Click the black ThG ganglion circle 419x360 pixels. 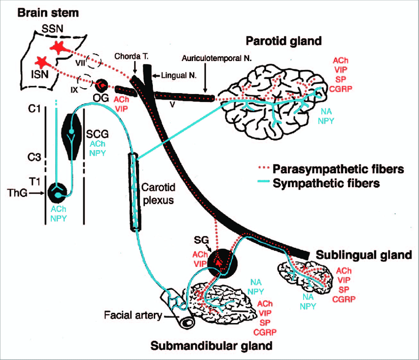58,192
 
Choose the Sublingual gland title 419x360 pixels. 364,255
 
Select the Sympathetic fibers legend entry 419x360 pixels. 323,184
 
